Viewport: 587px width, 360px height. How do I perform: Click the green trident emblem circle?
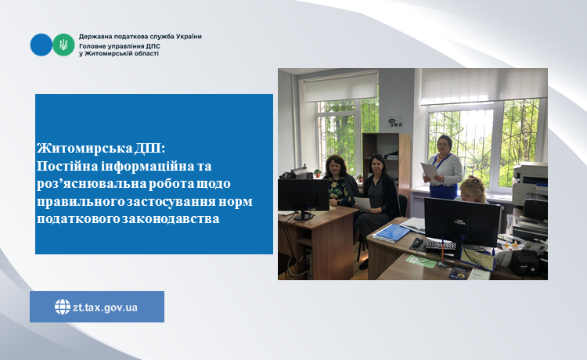click(63, 45)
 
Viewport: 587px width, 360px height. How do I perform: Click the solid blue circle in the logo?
click(41, 45)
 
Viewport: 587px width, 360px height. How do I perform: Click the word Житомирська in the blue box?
click(85, 149)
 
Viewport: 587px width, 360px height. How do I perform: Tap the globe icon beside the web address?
click(63, 307)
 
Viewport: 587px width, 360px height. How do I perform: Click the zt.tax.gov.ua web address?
click(105, 308)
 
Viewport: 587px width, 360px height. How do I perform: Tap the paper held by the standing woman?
click(429, 171)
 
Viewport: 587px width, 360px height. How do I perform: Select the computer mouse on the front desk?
click(419, 242)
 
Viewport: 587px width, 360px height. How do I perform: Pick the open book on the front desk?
click(414, 225)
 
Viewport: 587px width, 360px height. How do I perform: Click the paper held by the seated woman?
click(362, 204)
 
